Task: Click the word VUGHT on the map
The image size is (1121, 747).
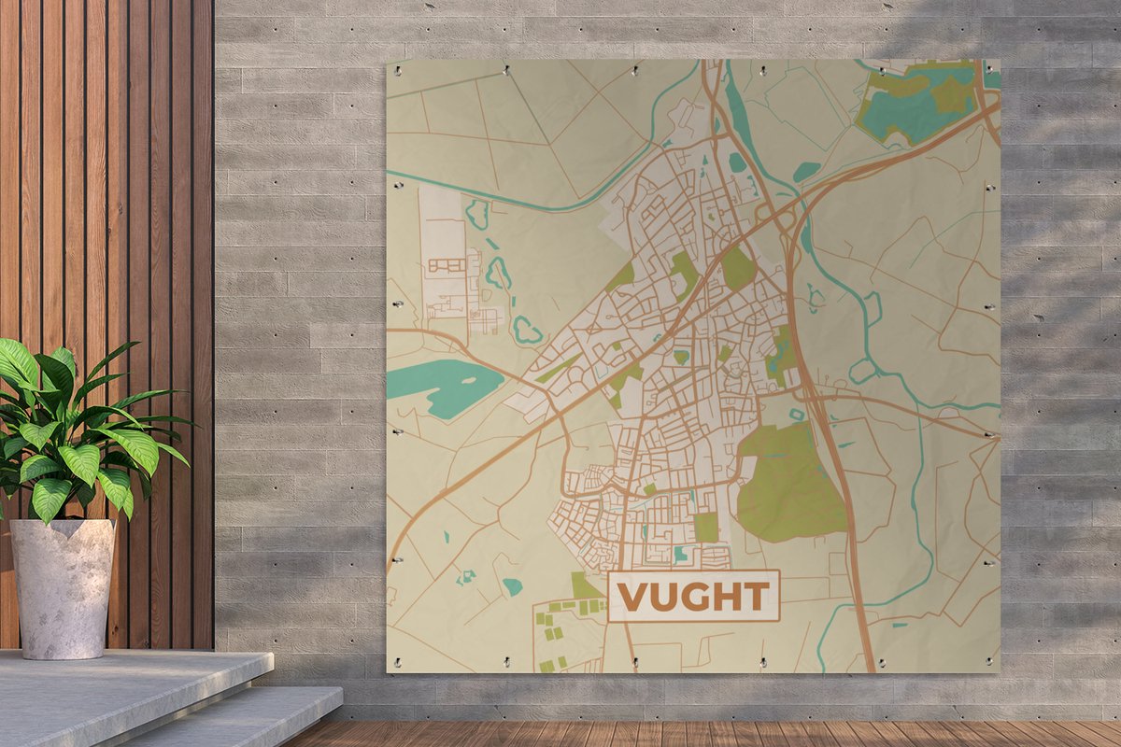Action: [x=693, y=596]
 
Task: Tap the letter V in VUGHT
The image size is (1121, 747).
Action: [x=633, y=596]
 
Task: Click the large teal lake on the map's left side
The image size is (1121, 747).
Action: [x=443, y=384]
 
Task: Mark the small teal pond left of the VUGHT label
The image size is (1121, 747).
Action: [x=512, y=586]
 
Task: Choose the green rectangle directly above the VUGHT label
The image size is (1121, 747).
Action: [x=706, y=528]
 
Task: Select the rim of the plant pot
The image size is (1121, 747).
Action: [x=62, y=525]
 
